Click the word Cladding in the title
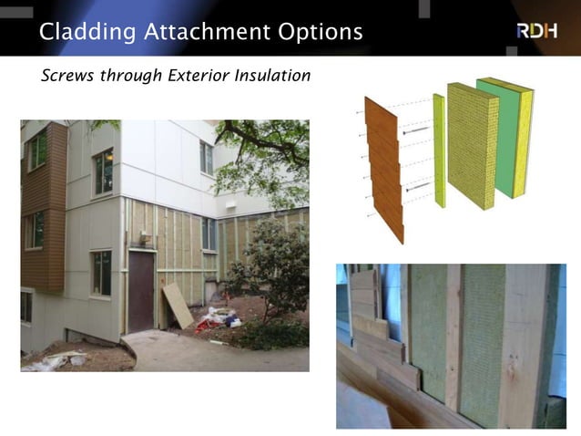(x=87, y=32)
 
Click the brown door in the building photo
(x=141, y=291)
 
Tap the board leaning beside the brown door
(x=178, y=306)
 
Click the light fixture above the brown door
(x=145, y=238)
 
